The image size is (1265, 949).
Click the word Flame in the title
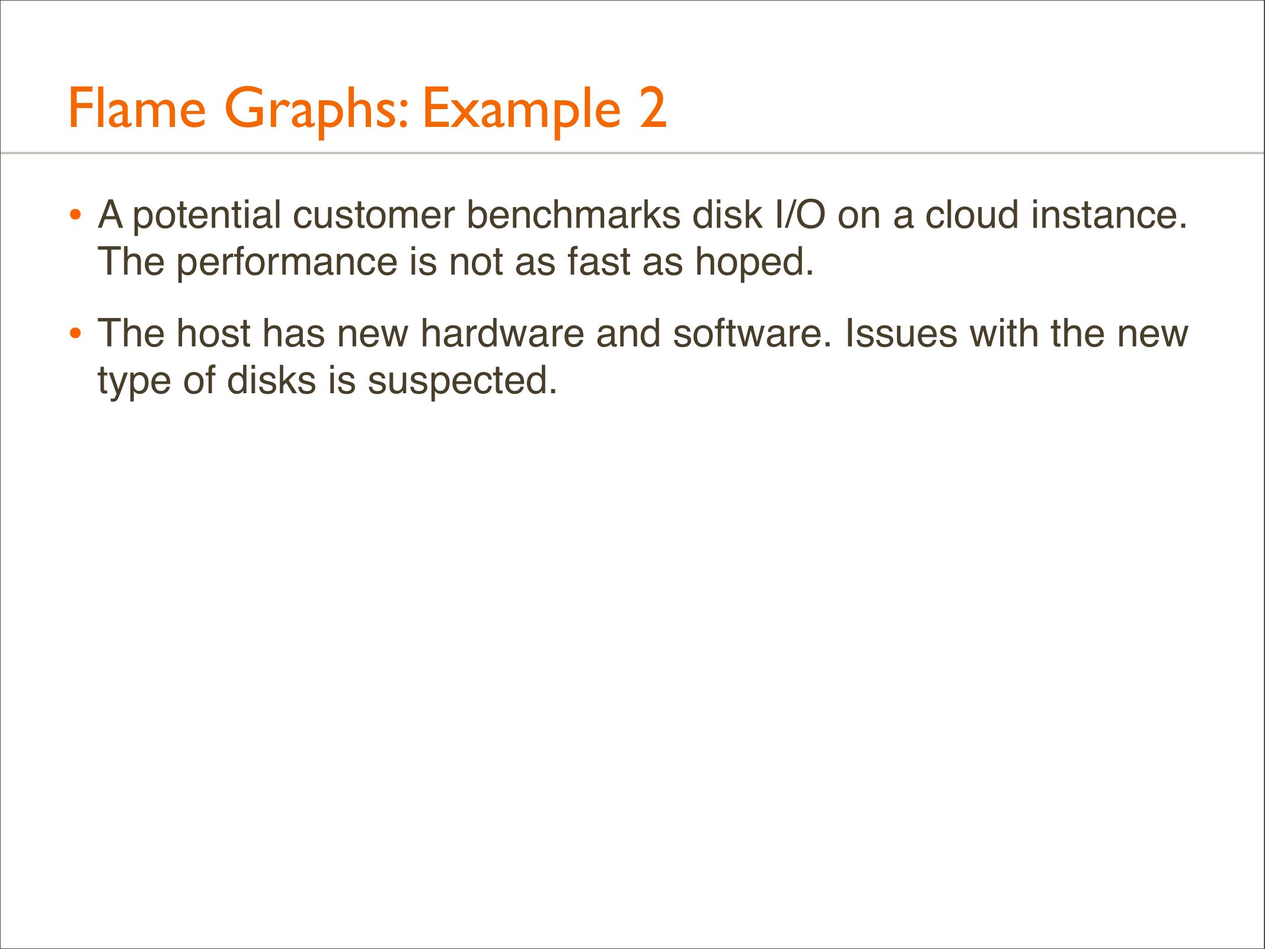pos(137,108)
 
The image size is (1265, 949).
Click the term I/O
pos(800,214)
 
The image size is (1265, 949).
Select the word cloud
pos(972,214)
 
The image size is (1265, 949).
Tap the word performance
pos(286,263)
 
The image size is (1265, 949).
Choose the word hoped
pos(755,263)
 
